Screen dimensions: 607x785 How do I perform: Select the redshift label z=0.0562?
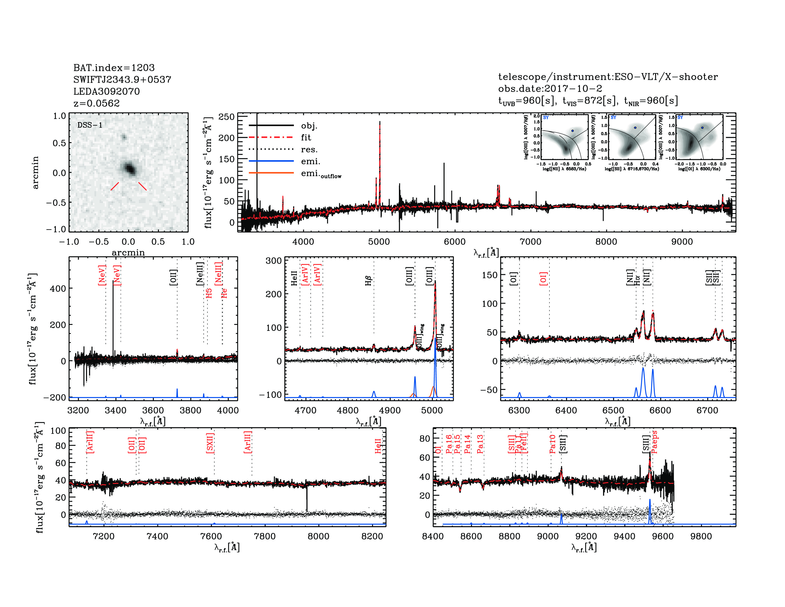[x=96, y=103]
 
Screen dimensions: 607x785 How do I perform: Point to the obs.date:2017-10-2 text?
[x=550, y=89]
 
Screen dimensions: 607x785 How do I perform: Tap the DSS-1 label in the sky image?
[x=90, y=125]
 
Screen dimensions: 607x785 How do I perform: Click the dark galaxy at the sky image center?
[x=129, y=168]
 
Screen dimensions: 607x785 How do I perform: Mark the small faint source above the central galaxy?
[x=124, y=137]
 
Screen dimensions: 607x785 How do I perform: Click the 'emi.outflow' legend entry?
[x=321, y=174]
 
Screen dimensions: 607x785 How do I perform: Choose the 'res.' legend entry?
[x=309, y=149]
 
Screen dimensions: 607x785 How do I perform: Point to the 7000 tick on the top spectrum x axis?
[x=530, y=242]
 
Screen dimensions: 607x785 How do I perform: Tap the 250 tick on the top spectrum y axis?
[x=226, y=117]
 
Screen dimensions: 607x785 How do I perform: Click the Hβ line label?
[x=368, y=280]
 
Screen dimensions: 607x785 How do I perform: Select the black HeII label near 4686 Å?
[x=294, y=278]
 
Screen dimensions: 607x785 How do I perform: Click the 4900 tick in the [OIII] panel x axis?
[x=390, y=411]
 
